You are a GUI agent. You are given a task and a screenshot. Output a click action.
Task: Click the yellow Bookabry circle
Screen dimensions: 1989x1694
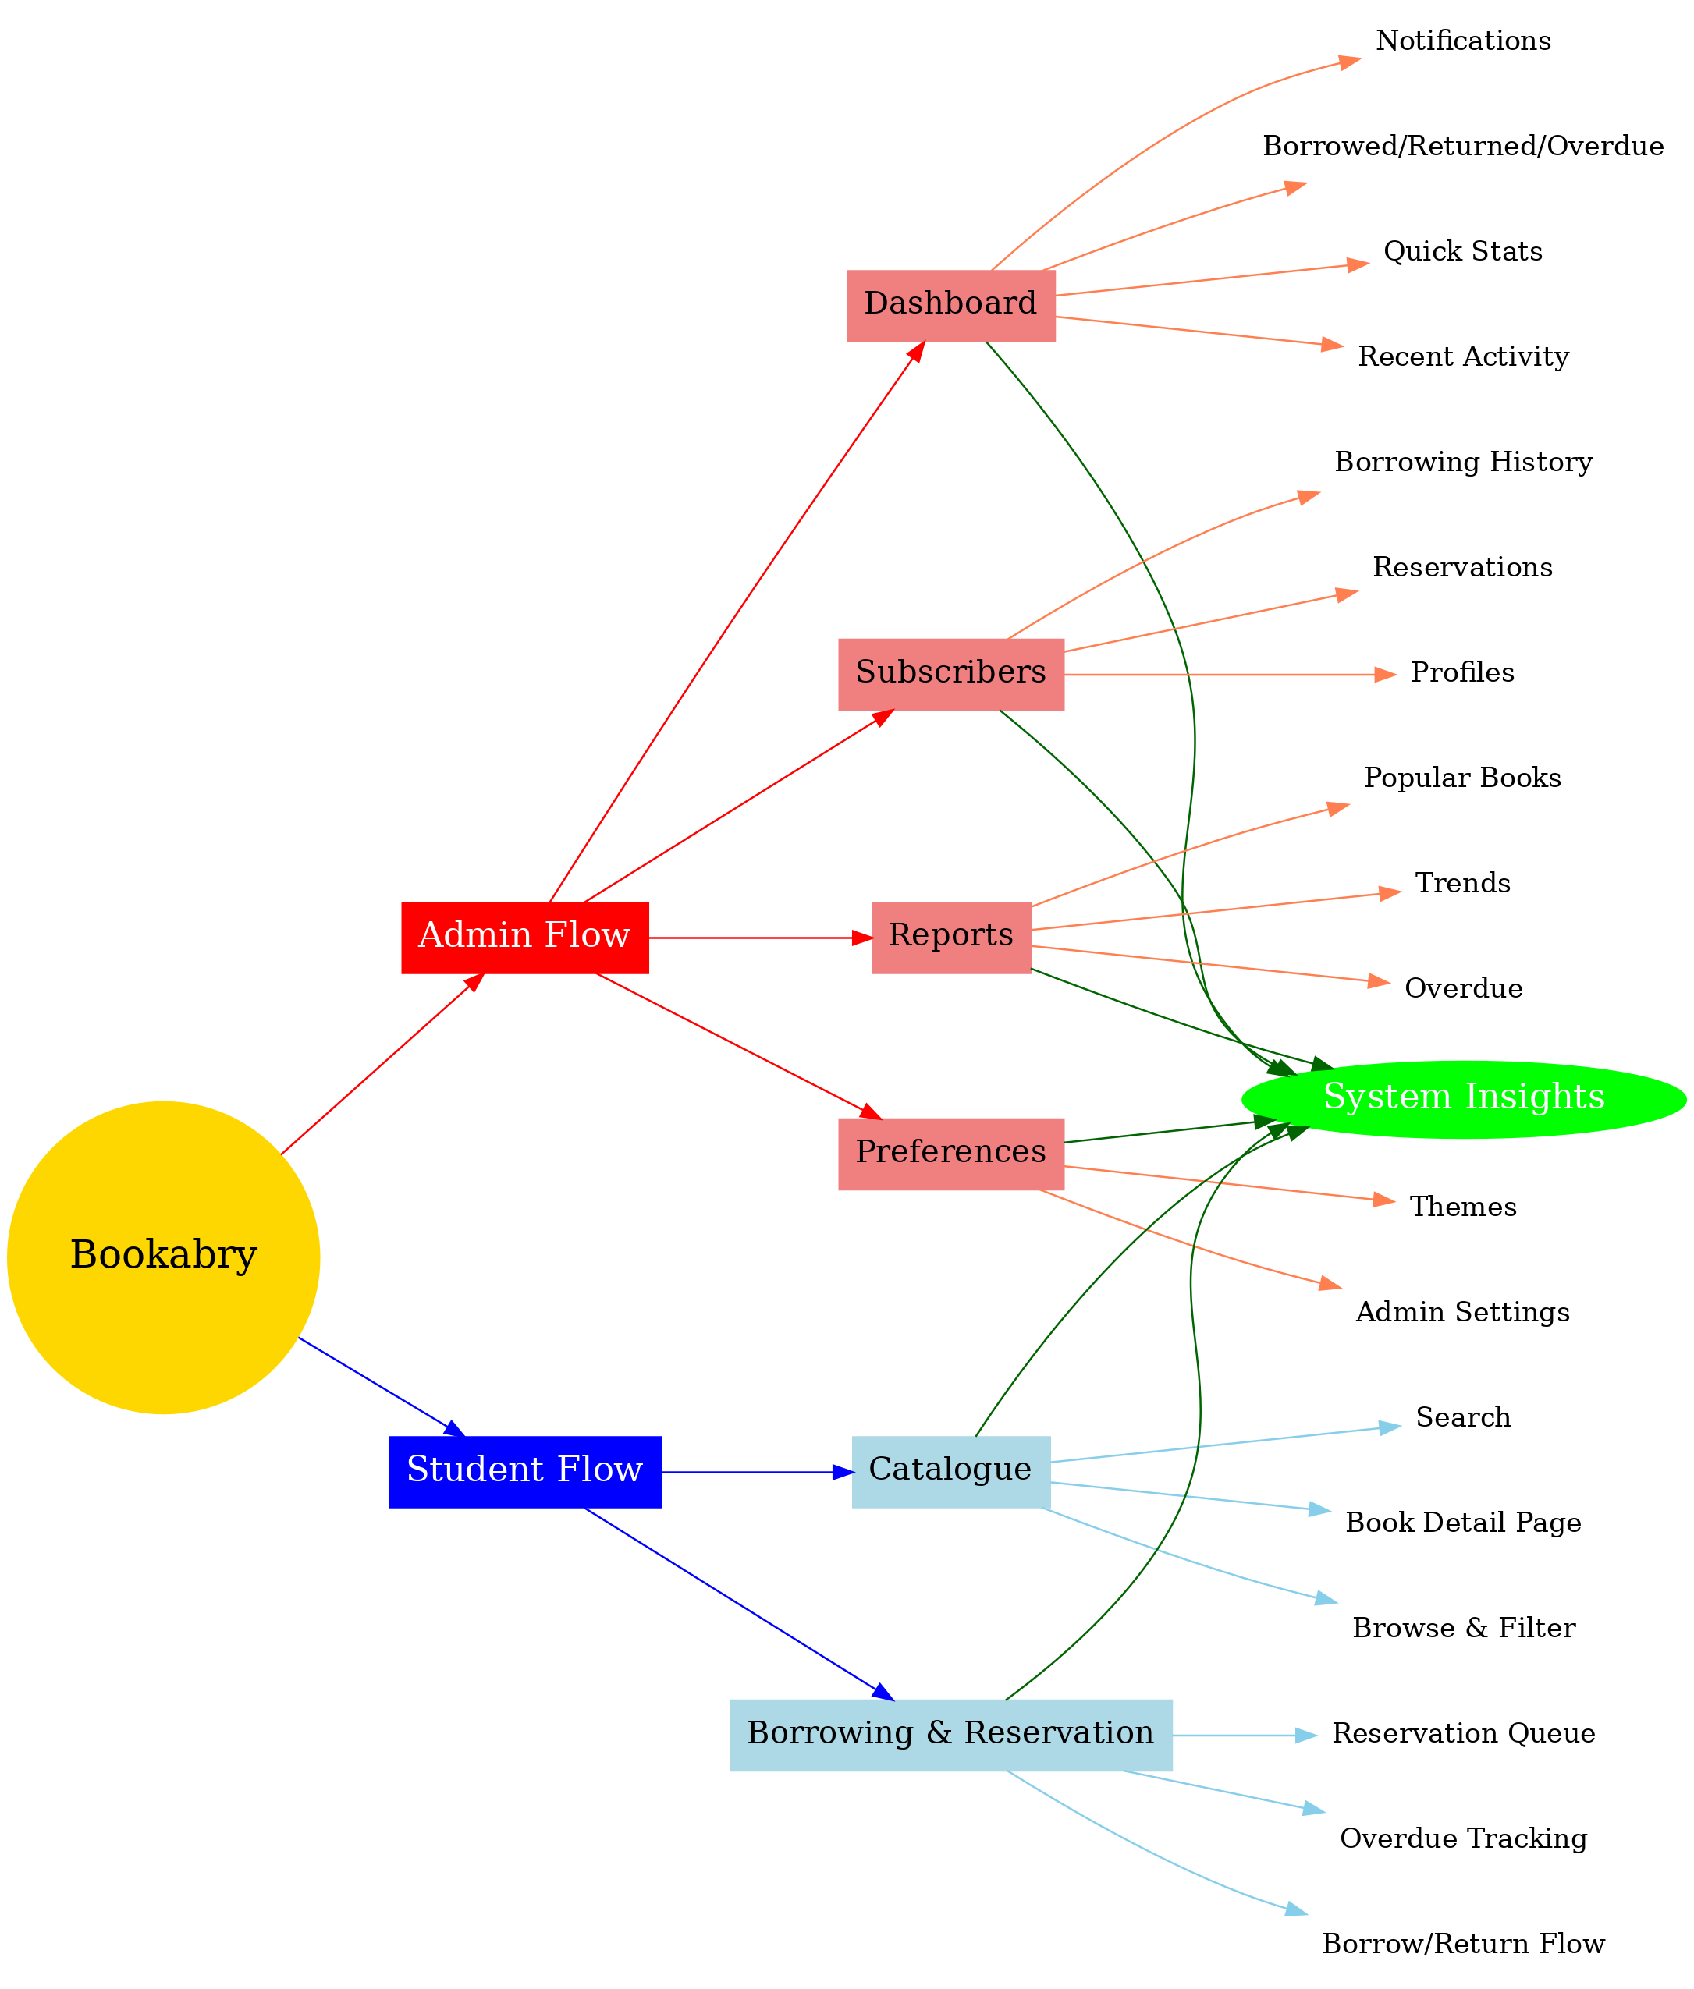[x=163, y=1257]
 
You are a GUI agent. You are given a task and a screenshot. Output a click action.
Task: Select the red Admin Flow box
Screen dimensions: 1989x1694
[x=524, y=936]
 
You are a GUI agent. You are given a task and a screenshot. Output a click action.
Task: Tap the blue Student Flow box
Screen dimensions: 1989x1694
[x=524, y=1470]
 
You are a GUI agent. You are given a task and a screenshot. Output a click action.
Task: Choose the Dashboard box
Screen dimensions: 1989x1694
[x=950, y=305]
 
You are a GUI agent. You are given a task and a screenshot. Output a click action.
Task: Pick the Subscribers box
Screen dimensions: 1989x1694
[x=950, y=674]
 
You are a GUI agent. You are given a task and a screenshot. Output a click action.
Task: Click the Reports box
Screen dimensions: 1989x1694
[x=950, y=936]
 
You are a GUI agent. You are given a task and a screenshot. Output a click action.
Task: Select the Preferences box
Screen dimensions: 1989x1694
[x=950, y=1153]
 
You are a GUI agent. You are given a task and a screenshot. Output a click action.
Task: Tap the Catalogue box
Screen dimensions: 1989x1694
[x=950, y=1470]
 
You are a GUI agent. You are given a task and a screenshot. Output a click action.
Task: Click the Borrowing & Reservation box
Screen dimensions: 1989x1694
[x=950, y=1735]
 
